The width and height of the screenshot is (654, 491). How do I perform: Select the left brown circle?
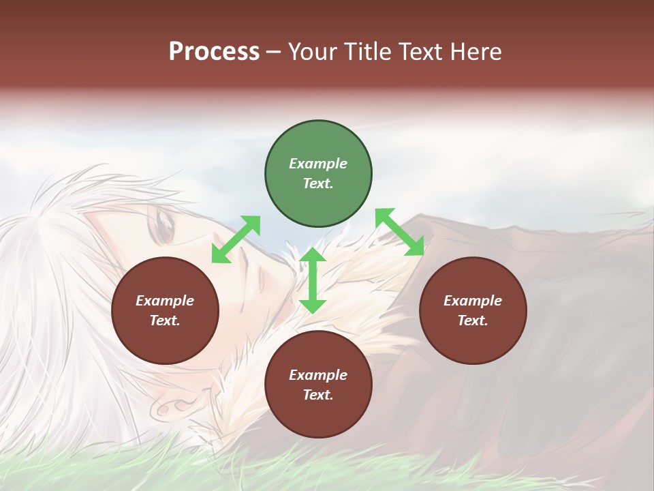(165, 310)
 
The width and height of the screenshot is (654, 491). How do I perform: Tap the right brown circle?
(473, 310)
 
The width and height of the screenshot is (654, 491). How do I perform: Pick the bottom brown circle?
(318, 385)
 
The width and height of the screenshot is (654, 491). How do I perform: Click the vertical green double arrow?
(313, 280)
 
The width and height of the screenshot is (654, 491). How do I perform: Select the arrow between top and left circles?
(236, 239)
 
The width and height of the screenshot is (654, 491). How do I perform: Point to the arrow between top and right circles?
(399, 232)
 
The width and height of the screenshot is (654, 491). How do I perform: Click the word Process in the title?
(214, 52)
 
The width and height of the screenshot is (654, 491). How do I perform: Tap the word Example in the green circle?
(318, 164)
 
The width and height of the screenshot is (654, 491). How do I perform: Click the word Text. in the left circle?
(165, 321)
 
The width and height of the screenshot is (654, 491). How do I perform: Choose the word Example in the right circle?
(473, 301)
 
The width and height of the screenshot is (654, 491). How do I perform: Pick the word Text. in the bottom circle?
(318, 395)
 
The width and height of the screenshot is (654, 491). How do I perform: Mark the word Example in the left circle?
(165, 301)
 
